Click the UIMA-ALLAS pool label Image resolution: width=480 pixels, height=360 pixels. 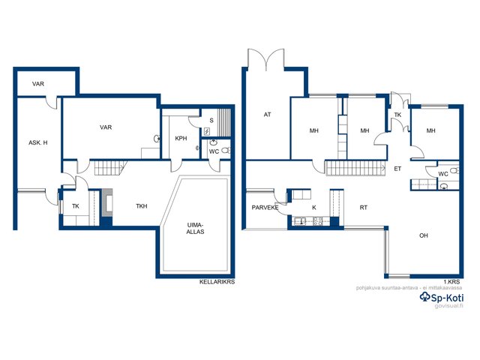pos(195,228)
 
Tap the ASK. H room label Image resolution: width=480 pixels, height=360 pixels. pos(38,142)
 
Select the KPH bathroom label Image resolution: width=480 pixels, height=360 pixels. pos(181,138)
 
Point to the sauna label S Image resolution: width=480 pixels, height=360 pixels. pos(211,120)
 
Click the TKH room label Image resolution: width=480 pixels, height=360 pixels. pos(142,206)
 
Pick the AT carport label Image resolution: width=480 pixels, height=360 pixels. pos(267,115)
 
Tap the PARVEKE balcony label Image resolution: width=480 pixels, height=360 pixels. pos(265,208)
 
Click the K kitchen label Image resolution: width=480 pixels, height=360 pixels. pos(314,208)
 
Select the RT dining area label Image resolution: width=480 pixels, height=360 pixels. pos(363,208)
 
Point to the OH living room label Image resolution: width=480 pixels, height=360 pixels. pos(424,235)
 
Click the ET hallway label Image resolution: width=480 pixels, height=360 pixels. pos(397,169)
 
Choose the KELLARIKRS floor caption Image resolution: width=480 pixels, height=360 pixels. pos(217,282)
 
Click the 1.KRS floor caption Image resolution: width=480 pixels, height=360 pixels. pos(451,282)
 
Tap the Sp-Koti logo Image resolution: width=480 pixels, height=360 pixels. pos(442,297)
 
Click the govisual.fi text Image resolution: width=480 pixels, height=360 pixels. pos(448,306)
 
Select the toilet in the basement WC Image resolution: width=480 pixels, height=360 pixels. pos(226,150)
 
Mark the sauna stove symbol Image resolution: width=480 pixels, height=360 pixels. pos(207,132)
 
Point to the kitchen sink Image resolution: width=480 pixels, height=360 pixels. pos(299,220)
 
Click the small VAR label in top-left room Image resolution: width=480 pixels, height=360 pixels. pos(38,83)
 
